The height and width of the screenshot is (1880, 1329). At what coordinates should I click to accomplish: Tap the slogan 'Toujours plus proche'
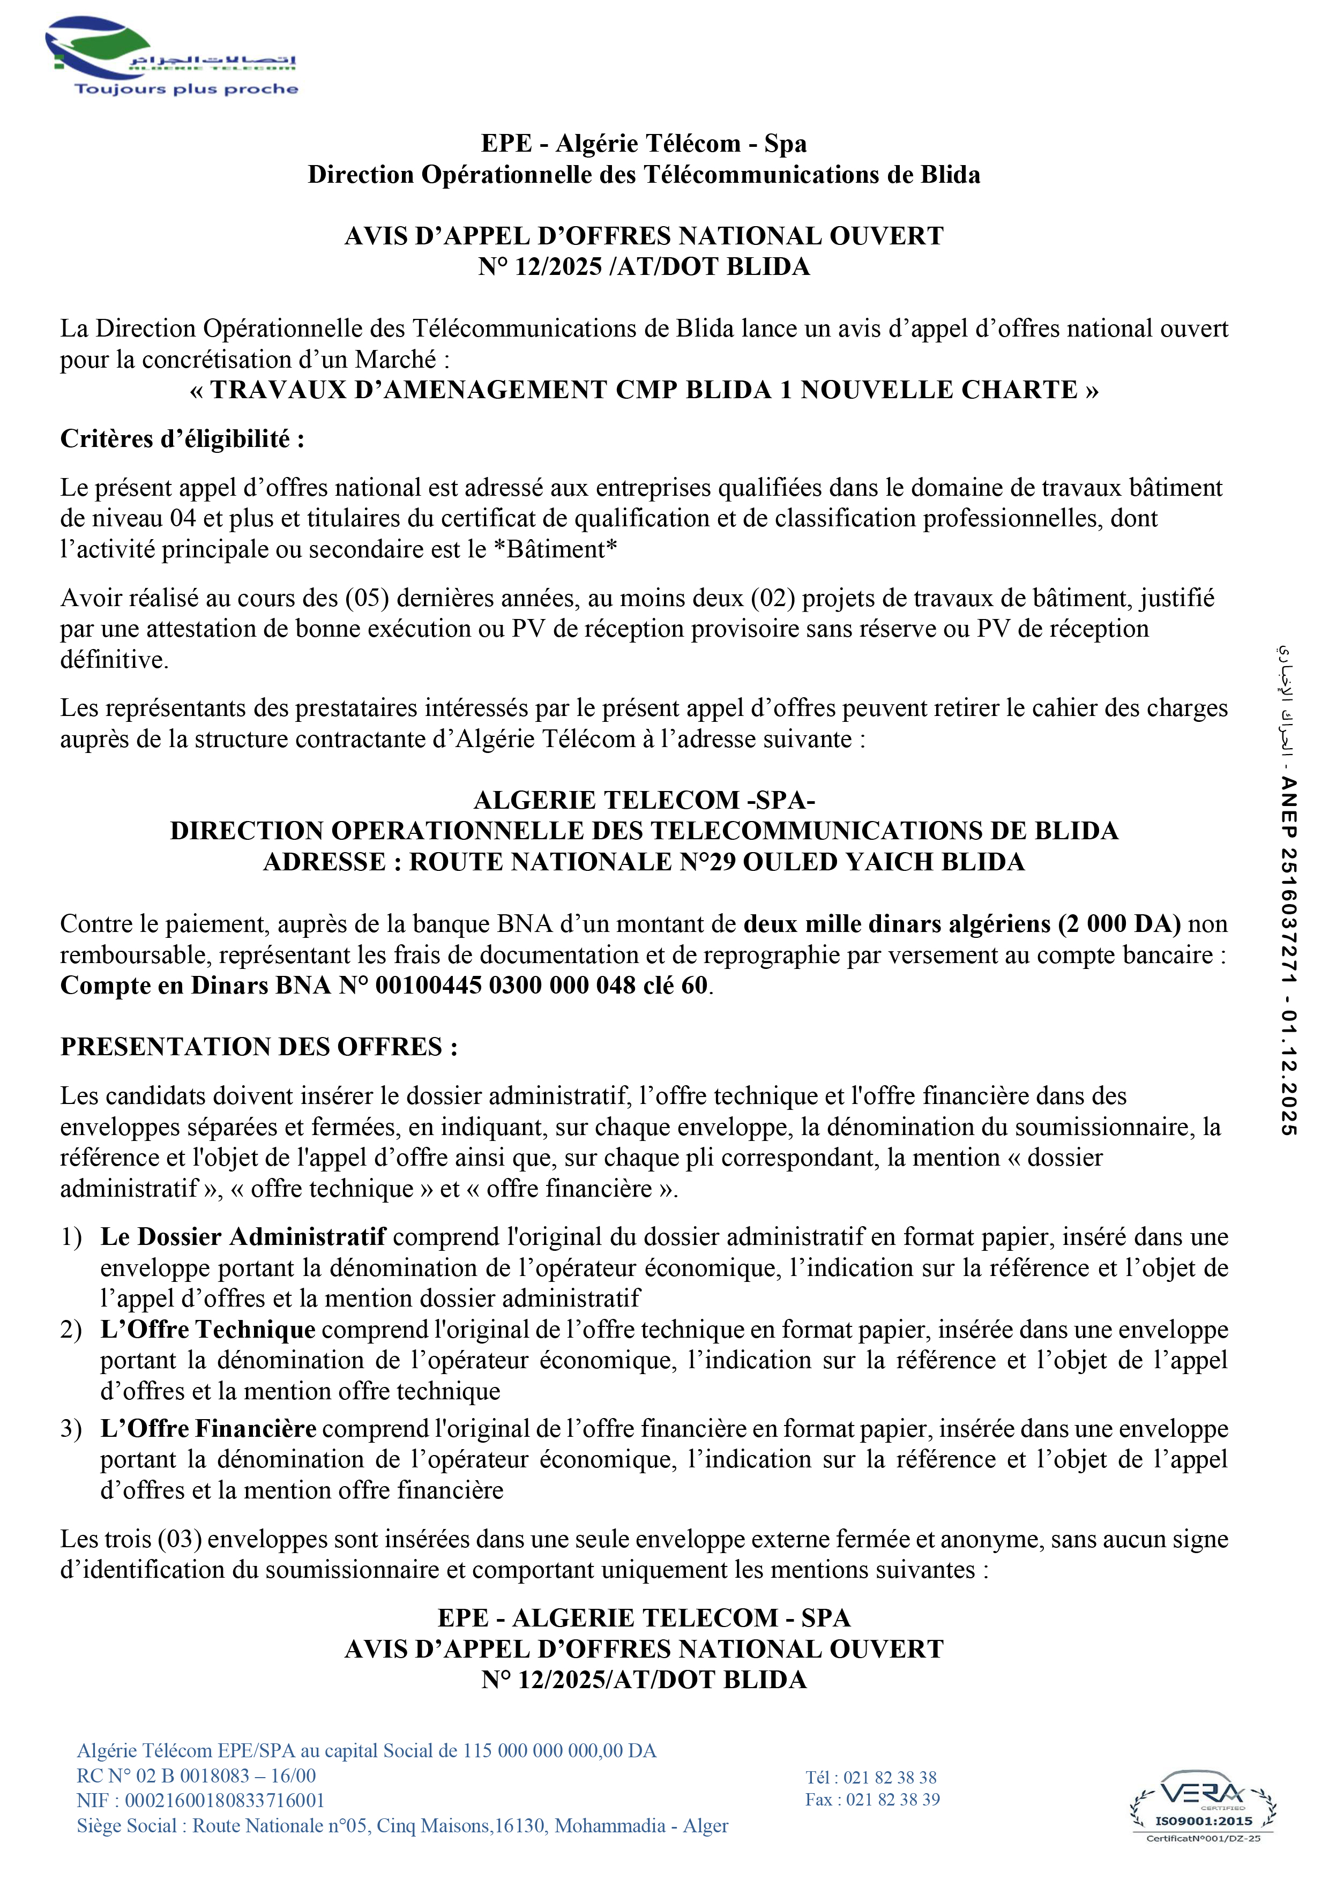[x=186, y=89]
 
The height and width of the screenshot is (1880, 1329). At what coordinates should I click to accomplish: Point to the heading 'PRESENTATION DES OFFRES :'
[x=259, y=1047]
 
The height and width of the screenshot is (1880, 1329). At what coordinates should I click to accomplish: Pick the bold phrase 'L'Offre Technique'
[x=208, y=1330]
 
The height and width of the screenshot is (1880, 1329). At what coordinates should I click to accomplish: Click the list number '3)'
[x=71, y=1429]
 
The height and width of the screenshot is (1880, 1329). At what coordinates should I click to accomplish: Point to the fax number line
[x=872, y=1800]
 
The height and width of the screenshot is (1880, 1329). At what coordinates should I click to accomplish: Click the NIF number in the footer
[x=200, y=1801]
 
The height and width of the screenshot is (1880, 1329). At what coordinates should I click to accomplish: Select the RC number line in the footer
[x=197, y=1776]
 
